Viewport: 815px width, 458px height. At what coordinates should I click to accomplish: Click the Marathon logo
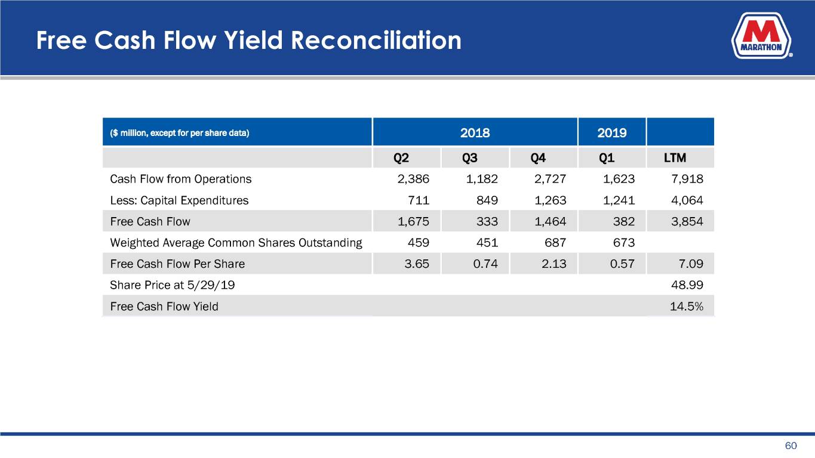click(762, 37)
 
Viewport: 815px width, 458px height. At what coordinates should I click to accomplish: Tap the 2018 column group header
click(475, 132)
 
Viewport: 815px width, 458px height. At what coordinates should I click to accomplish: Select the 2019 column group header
click(611, 132)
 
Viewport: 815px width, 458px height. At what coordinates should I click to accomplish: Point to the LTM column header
click(675, 159)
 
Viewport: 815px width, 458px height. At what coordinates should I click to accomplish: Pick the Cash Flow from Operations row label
click(181, 179)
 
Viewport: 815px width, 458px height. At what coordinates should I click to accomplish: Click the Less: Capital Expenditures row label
click(179, 200)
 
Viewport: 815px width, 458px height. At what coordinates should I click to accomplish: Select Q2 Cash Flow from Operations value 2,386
click(414, 179)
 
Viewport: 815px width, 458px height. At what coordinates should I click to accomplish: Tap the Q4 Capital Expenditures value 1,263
click(550, 200)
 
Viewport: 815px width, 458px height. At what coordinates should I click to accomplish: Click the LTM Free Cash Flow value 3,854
click(687, 222)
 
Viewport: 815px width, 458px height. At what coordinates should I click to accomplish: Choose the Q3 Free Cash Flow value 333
click(488, 222)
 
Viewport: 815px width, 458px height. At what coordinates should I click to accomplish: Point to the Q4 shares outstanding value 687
click(556, 243)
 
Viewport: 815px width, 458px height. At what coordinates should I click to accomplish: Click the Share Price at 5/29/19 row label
click(173, 285)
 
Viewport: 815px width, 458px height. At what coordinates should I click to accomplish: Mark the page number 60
click(791, 446)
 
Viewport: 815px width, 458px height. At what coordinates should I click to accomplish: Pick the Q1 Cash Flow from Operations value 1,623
click(619, 179)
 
